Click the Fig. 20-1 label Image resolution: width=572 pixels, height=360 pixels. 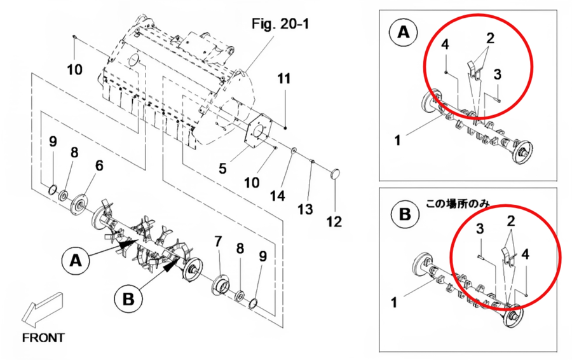pyautogui.click(x=280, y=24)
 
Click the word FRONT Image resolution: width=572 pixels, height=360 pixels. pyautogui.click(x=43, y=338)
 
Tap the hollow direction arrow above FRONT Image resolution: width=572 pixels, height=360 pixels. pyautogui.click(x=42, y=308)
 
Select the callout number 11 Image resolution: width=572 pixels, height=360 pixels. pyautogui.click(x=284, y=79)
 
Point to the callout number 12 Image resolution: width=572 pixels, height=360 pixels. pyautogui.click(x=334, y=221)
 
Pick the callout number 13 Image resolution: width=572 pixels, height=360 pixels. pyautogui.click(x=305, y=209)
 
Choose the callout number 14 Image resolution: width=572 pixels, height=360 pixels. pyautogui.click(x=277, y=196)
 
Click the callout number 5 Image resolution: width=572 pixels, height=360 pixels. pyautogui.click(x=222, y=169)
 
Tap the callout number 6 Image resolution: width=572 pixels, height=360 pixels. pyautogui.click(x=99, y=166)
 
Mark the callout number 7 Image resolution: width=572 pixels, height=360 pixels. pyautogui.click(x=218, y=241)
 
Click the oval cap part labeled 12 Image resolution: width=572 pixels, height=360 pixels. pyautogui.click(x=335, y=174)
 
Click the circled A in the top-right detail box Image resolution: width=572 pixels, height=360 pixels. pyautogui.click(x=404, y=32)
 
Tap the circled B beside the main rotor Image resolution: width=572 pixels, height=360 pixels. pyautogui.click(x=128, y=299)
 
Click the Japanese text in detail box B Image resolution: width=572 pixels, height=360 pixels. pyautogui.click(x=458, y=204)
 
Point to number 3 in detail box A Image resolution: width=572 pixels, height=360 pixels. pyautogui.click(x=498, y=74)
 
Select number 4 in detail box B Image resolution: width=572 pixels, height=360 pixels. pyautogui.click(x=526, y=254)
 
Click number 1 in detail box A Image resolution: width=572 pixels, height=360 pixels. pyautogui.click(x=398, y=140)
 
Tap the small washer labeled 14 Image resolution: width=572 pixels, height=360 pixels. pyautogui.click(x=293, y=151)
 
